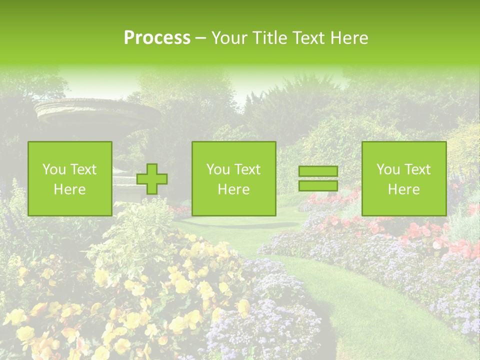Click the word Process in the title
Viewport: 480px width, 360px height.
click(x=157, y=38)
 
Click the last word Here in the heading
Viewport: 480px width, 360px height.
click(x=350, y=38)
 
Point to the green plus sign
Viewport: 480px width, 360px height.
click(x=152, y=179)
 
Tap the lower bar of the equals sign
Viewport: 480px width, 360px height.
click(x=318, y=186)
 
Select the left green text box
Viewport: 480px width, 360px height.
click(x=70, y=178)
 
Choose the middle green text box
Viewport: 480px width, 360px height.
click(x=233, y=178)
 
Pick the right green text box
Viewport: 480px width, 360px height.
click(x=403, y=178)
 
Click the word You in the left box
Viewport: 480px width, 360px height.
click(x=53, y=169)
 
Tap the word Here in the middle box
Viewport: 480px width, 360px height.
click(x=233, y=189)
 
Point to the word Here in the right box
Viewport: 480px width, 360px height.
click(x=403, y=189)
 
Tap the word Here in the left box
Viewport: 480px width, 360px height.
click(x=70, y=189)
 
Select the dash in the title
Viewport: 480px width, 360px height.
click(x=200, y=38)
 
